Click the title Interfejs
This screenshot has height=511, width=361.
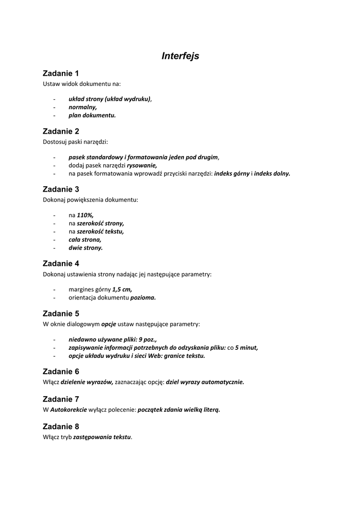(x=180, y=56)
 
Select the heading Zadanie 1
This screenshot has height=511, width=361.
(x=61, y=73)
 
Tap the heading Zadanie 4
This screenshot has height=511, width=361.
(x=61, y=263)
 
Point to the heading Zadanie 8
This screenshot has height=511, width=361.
(x=61, y=427)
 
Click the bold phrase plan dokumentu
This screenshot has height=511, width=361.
(x=92, y=115)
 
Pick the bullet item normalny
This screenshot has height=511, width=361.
(x=83, y=107)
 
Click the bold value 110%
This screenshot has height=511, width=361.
(x=85, y=215)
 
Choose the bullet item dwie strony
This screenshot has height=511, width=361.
(x=85, y=248)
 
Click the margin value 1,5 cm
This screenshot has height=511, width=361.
(x=122, y=289)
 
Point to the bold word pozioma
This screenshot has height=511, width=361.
(x=143, y=297)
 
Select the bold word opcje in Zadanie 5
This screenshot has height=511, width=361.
(x=109, y=324)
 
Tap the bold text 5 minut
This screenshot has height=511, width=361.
(x=246, y=347)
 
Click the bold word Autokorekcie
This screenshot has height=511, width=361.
(x=68, y=409)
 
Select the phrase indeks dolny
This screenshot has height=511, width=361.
(x=272, y=173)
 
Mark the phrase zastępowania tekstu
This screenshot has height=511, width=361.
(x=102, y=437)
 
